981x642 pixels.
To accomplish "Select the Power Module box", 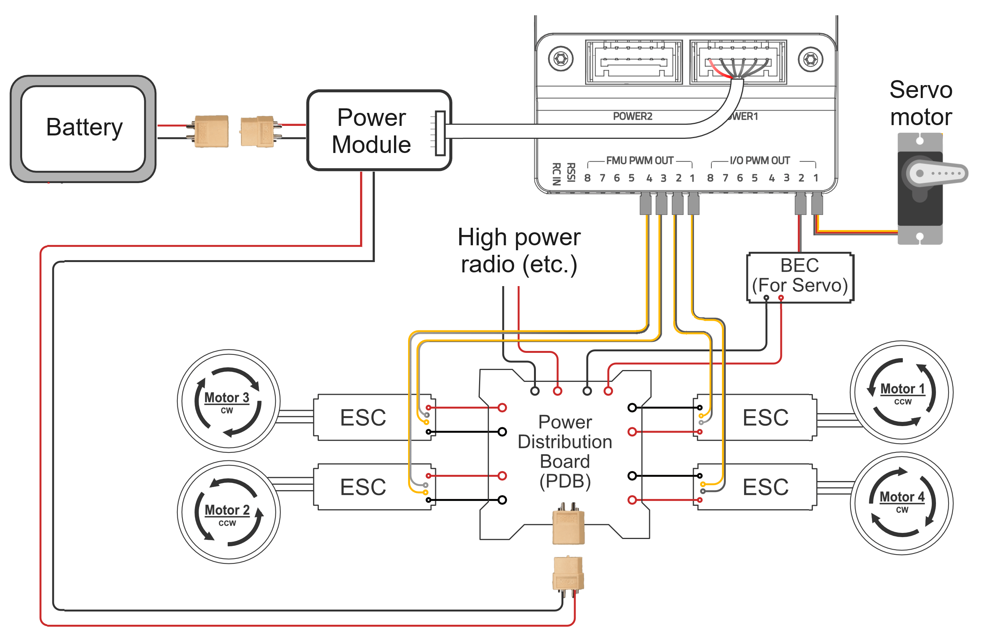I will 371,131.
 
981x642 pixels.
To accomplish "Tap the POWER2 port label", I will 632,116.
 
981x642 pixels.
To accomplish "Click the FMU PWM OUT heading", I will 639,160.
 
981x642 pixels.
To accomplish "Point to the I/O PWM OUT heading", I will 759,160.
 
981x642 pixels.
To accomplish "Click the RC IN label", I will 556,174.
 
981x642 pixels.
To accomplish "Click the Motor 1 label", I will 902,389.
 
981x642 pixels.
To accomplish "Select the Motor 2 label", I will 227,510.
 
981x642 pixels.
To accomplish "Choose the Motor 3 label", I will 227,397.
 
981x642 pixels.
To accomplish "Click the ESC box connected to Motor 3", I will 363,417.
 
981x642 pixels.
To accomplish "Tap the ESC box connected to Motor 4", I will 765,487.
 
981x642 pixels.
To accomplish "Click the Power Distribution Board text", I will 565,452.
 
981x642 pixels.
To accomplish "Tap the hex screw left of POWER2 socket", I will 561,59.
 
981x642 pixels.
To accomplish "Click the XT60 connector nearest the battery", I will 211,131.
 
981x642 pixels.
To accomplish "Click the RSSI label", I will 571,172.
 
